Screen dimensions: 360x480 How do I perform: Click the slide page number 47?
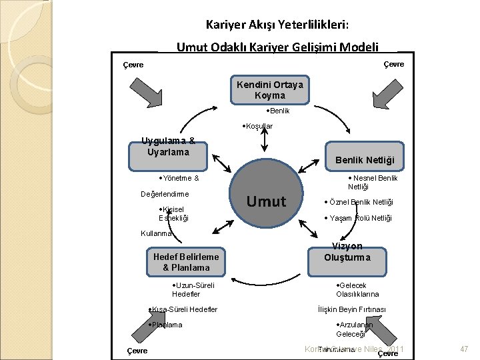[x=464, y=349]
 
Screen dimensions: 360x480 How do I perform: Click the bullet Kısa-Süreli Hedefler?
[x=183, y=309]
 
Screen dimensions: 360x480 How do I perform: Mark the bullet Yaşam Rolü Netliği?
[x=358, y=218]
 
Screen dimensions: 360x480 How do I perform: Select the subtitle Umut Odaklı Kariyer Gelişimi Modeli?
[x=277, y=47]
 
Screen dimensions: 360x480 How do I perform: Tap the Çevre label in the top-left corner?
[x=134, y=65]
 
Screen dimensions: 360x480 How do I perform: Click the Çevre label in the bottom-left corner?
[x=137, y=351]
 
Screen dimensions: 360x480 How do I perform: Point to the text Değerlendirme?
[x=164, y=194]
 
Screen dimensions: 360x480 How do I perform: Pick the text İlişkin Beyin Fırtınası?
[x=351, y=309]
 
